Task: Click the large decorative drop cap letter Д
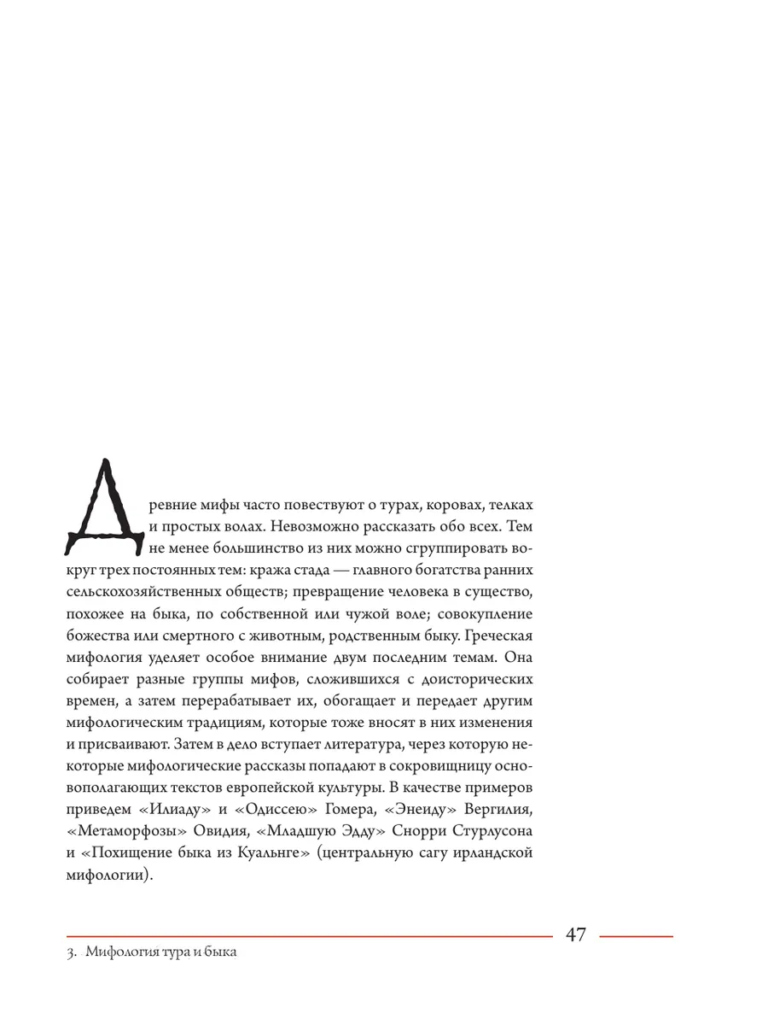tap(106, 505)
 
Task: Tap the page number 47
tap(576, 934)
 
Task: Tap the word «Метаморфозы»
tap(120, 830)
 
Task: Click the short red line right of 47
tap(636, 936)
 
